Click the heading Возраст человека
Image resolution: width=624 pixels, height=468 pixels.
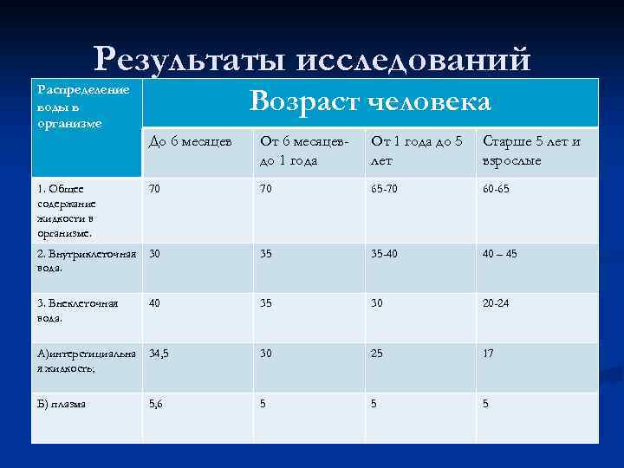pos(370,102)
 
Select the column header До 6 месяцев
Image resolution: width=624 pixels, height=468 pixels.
pos(189,141)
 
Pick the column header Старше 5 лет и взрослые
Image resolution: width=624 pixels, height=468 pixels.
pos(531,150)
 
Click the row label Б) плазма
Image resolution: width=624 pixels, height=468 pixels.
pos(62,404)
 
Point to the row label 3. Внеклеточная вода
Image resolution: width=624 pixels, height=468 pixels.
pos(79,310)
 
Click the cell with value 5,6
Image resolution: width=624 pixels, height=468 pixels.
pos(155,404)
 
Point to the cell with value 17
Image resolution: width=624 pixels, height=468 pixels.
pos(490,354)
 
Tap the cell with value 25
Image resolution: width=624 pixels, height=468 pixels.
pos(379,354)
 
